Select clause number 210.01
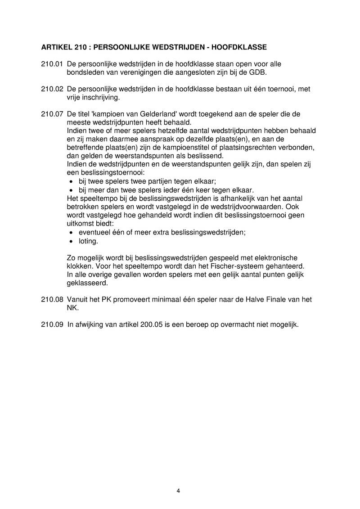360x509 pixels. pyautogui.click(x=51, y=64)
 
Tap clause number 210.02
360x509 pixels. pyautogui.click(x=51, y=89)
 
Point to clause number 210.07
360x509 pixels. pyautogui.click(x=51, y=114)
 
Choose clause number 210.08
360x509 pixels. pyautogui.click(x=51, y=299)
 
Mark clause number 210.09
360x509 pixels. pyautogui.click(x=51, y=324)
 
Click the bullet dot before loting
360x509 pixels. pyautogui.click(x=71, y=242)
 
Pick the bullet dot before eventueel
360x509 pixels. pyautogui.click(x=71, y=233)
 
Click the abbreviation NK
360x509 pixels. pyautogui.click(x=72, y=308)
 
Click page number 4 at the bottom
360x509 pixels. pyautogui.click(x=179, y=491)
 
